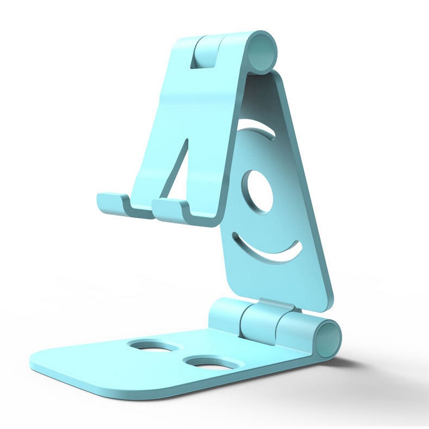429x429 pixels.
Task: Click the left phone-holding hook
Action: click(x=112, y=203)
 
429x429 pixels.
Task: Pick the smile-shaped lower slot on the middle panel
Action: click(x=268, y=249)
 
